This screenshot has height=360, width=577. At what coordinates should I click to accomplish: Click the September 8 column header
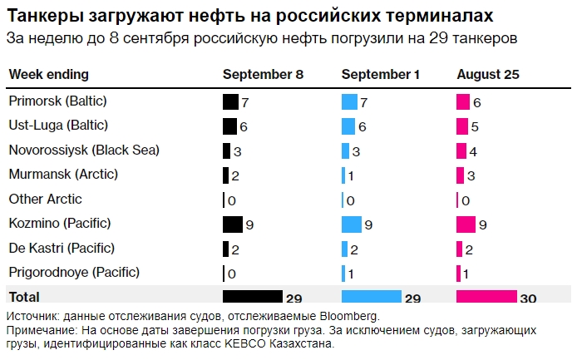coord(263,75)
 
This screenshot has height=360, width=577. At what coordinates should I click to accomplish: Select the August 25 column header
coord(488,75)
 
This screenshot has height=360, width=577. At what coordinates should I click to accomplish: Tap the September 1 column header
coord(381,75)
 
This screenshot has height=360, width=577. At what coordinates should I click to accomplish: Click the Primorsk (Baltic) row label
coord(58,101)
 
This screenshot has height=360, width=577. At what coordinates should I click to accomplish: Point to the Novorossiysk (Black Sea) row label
coord(84,150)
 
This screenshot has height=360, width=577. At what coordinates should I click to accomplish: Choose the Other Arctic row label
coord(45,200)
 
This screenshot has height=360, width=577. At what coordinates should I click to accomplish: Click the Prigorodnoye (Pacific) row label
coord(74,272)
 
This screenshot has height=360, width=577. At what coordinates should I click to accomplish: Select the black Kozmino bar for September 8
coord(232,224)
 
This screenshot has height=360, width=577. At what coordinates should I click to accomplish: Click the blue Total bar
coord(371,297)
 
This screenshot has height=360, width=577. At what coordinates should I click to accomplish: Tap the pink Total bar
coord(486,297)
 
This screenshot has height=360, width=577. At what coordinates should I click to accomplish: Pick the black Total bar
coord(253,297)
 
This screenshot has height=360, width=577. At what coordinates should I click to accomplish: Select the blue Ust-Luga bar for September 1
coord(348,126)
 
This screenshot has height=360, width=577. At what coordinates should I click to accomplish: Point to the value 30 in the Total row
coord(528,298)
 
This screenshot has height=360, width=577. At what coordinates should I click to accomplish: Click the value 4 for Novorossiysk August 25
coord(472,151)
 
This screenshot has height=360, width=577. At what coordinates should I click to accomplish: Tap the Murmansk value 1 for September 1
coord(350,175)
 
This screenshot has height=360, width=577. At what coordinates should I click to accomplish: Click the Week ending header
coord(48,75)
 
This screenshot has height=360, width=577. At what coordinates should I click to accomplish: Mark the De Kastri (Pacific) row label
coord(62,248)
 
